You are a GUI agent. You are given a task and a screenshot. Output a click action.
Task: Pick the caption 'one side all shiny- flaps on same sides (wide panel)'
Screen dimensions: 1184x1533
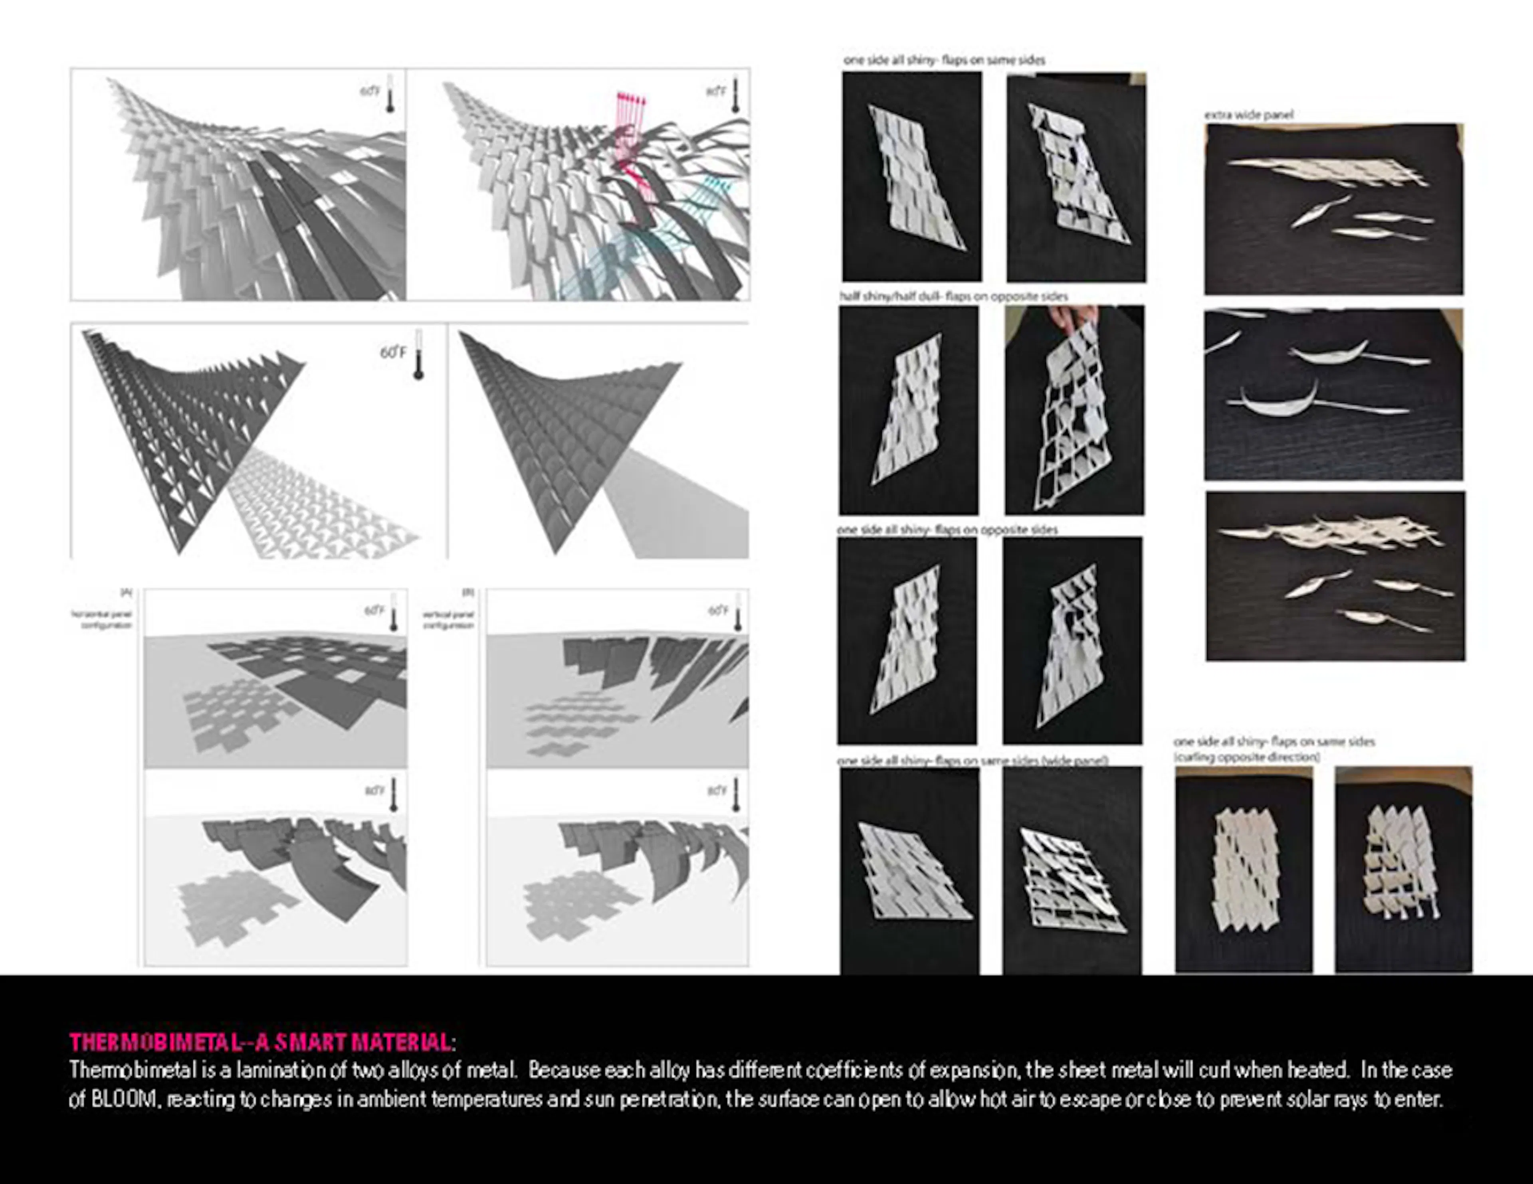[x=972, y=761]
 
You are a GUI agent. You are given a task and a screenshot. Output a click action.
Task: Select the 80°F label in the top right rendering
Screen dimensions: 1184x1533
[x=716, y=92]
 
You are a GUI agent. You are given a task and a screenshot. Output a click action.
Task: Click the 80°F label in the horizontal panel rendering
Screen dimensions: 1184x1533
[x=374, y=791]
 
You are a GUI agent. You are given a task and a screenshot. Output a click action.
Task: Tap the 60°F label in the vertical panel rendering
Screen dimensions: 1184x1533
[x=717, y=611]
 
